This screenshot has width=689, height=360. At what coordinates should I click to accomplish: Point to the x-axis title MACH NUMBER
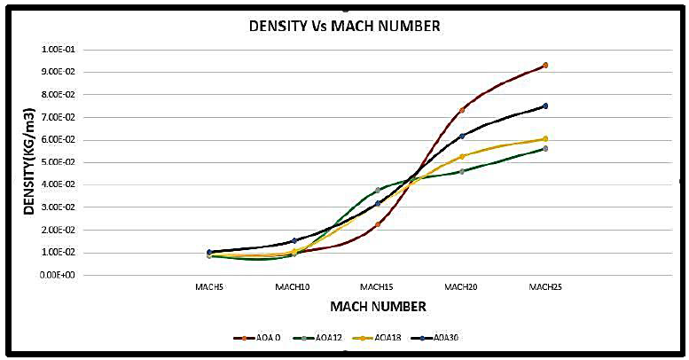click(378, 307)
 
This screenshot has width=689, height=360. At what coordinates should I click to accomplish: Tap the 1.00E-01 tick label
click(60, 50)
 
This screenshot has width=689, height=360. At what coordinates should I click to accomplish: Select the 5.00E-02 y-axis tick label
click(60, 162)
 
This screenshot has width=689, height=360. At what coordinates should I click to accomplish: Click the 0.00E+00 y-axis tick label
click(60, 275)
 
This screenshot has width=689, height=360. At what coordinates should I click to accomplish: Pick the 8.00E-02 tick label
click(60, 95)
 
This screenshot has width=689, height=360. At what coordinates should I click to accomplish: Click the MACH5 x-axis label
click(209, 287)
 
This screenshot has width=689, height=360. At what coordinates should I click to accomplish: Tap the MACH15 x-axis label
click(378, 287)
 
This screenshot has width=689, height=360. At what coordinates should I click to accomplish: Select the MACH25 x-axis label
click(545, 287)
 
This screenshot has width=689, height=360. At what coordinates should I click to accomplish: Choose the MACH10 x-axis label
click(293, 287)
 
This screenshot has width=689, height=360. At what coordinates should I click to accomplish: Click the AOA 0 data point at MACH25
click(545, 66)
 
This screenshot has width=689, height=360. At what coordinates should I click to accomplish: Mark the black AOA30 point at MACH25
click(545, 106)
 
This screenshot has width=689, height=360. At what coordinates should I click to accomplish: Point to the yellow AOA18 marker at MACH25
click(545, 138)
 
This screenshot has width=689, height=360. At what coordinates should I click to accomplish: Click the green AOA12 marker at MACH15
click(378, 190)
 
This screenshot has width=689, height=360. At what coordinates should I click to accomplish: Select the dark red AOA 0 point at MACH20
click(462, 110)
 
